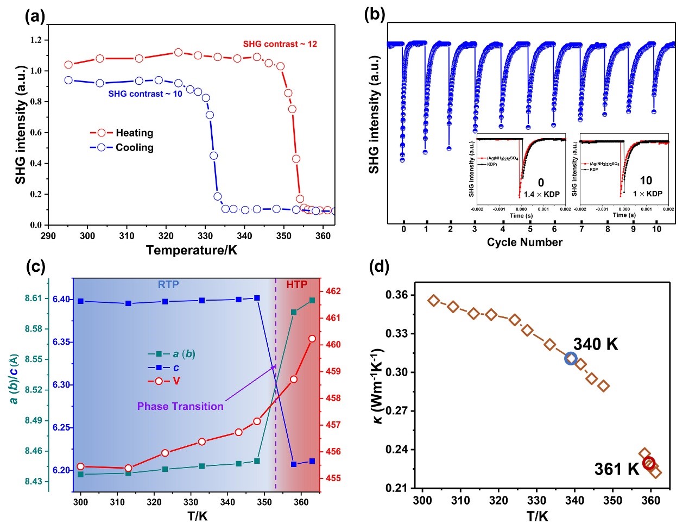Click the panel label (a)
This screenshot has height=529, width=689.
(35, 17)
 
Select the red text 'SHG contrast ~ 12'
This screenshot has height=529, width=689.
(280, 44)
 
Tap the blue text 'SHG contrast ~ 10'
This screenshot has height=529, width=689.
(145, 94)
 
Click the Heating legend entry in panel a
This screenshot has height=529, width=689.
(122, 133)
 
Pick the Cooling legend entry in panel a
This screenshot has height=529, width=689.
(122, 147)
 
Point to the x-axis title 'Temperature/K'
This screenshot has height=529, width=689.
(191, 250)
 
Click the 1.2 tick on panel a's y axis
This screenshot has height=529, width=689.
(35, 40)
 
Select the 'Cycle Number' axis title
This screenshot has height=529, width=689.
(524, 242)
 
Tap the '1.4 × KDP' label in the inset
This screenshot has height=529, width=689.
(541, 194)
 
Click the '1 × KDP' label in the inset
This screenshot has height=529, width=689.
(647, 194)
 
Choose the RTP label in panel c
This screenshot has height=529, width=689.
(168, 284)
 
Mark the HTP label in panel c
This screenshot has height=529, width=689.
(296, 284)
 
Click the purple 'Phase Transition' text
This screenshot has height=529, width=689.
(180, 406)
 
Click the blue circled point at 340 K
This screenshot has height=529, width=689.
(571, 358)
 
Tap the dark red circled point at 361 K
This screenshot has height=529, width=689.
(649, 463)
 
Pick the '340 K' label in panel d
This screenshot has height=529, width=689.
(596, 344)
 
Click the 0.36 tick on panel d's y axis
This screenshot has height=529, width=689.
(396, 295)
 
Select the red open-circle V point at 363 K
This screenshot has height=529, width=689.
(312, 339)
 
